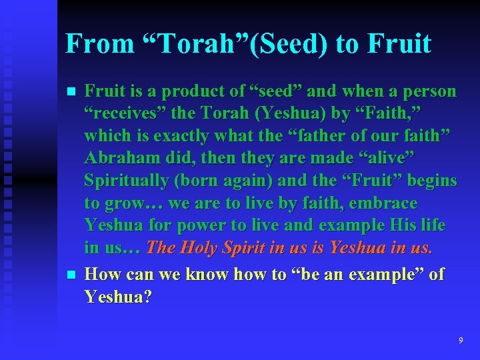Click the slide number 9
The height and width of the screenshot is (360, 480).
coord(461,341)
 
